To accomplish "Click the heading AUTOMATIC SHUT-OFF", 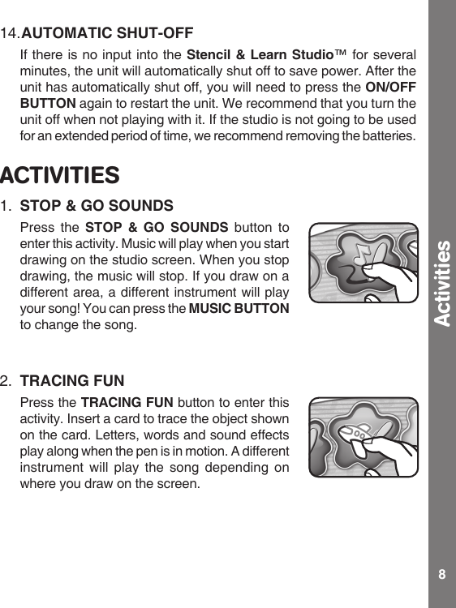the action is click(106, 33).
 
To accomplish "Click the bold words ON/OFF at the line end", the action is click(392, 88).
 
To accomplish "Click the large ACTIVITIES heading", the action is click(60, 175).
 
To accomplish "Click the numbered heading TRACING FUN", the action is click(72, 379).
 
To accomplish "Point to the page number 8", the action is click(441, 574).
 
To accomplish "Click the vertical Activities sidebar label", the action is click(442, 283).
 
